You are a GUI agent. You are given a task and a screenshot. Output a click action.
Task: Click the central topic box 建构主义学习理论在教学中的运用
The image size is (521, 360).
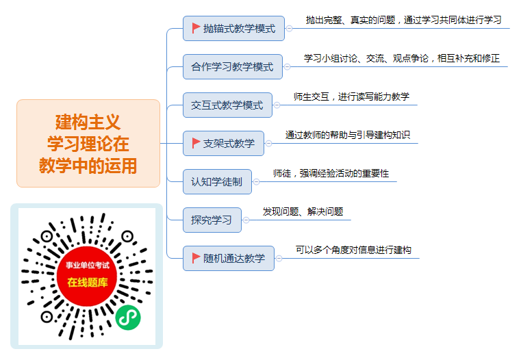pos(88,143)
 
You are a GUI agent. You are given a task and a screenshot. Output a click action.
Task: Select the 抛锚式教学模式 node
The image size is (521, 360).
pos(233,29)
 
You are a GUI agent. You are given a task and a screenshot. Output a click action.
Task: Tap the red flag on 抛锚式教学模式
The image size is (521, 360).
pos(196,28)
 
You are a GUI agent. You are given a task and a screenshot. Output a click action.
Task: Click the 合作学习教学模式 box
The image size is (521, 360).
pos(233,67)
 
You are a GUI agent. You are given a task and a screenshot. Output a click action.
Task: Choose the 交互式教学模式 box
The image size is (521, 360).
pos(227,105)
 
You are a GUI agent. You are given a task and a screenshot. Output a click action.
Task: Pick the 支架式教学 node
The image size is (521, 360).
pos(223,144)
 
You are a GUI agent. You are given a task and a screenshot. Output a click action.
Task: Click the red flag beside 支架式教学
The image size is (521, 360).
pos(196,143)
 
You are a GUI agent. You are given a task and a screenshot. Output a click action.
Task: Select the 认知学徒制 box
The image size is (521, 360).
pos(217,181)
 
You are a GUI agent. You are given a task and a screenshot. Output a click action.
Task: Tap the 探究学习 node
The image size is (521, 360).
pos(212,220)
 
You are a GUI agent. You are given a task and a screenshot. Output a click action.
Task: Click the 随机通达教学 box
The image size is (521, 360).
pos(229,259)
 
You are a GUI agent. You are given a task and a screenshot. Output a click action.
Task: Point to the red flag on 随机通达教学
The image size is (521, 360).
pos(196,258)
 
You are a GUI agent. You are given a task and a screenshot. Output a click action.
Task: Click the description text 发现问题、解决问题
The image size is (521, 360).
pos(303,211)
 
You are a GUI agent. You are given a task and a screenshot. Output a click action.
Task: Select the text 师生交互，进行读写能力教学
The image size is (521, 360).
pos(351,97)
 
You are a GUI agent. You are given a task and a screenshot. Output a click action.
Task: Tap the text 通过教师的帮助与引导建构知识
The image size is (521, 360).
pos(348,135)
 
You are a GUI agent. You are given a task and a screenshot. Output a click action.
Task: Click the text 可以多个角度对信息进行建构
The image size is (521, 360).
pos(353,250)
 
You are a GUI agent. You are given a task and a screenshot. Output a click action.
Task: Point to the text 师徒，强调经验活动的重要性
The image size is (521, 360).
pos(331,173)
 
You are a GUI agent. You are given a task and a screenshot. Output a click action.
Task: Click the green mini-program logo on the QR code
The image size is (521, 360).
pos(128,318)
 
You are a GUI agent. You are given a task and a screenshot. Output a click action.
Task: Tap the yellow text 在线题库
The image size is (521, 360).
pos(88,282)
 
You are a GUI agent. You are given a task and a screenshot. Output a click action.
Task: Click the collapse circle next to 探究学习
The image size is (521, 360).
pos(246,220)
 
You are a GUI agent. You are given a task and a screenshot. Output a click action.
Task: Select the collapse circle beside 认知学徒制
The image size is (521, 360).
pos(256,181)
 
